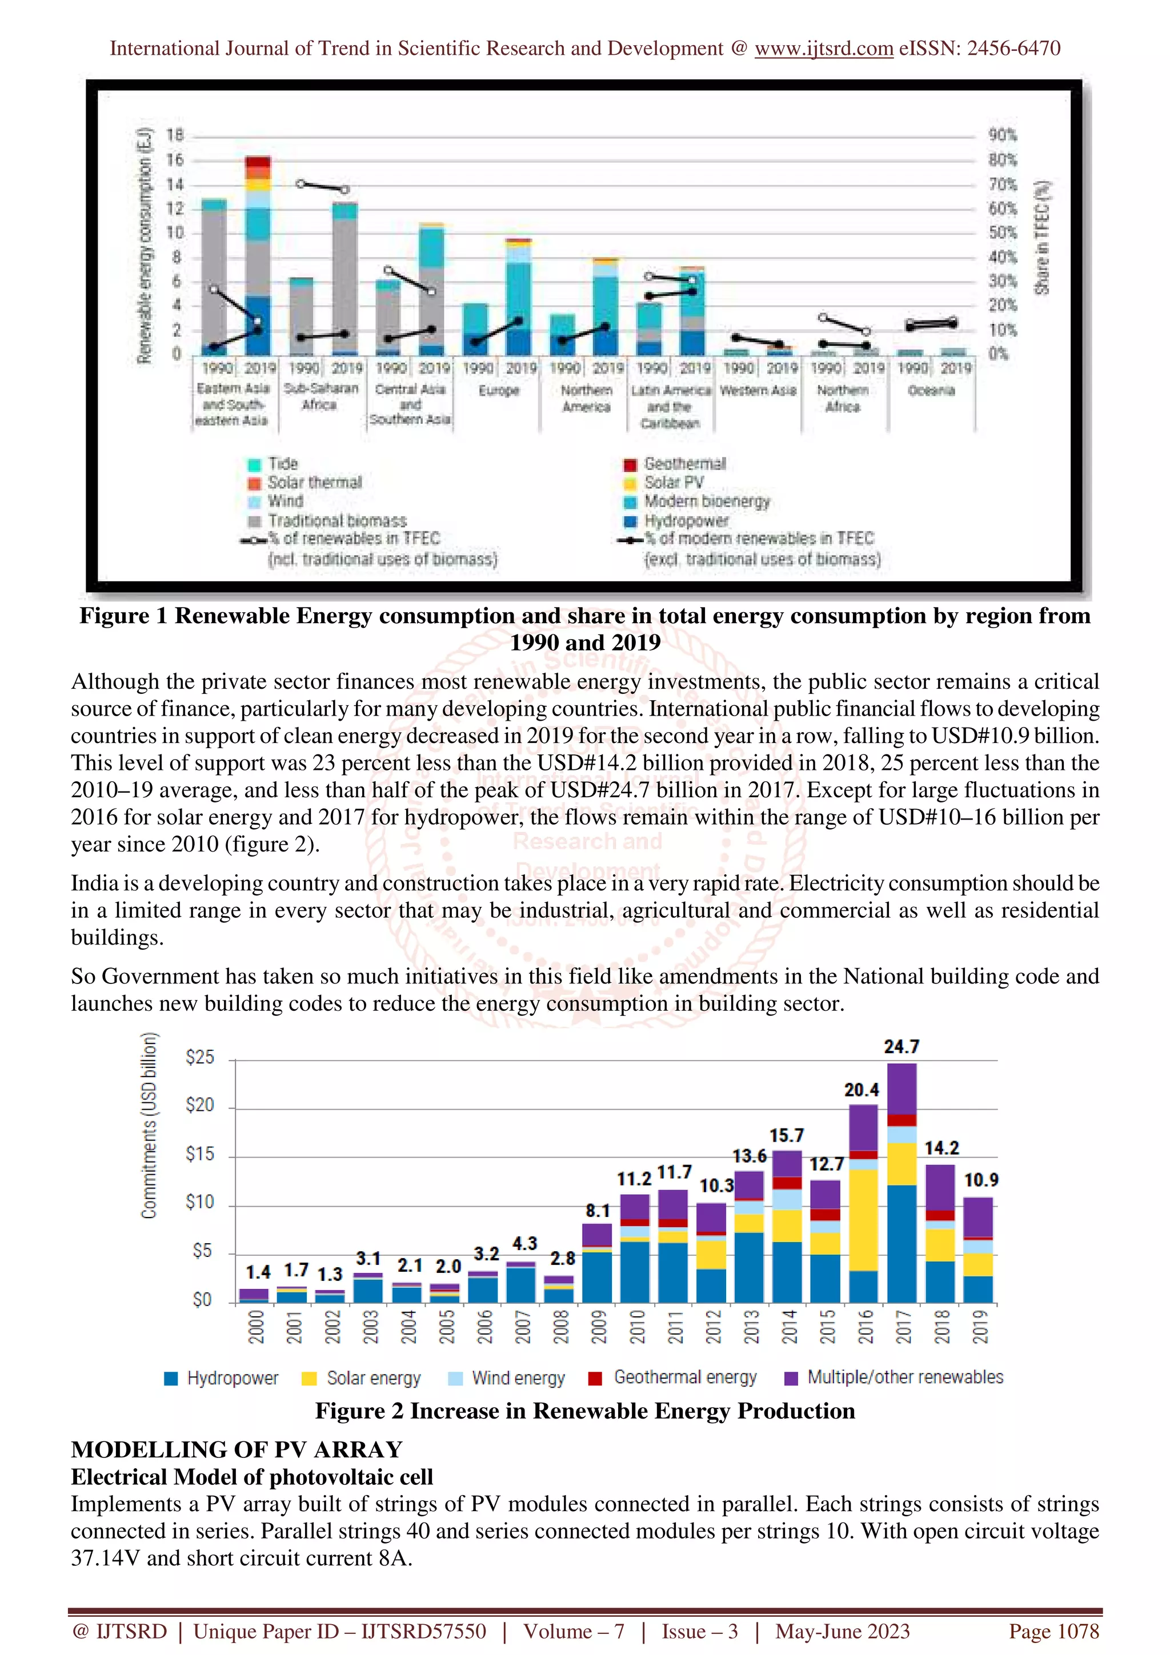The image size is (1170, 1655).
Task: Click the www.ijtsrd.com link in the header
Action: [x=823, y=49]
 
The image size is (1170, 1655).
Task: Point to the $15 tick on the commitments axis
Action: [x=200, y=1154]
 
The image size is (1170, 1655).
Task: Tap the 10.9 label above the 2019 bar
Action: [x=981, y=1180]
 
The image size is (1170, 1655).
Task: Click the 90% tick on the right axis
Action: [x=1002, y=135]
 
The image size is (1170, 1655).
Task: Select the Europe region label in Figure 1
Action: [x=499, y=391]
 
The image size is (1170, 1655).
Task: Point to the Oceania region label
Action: [x=931, y=391]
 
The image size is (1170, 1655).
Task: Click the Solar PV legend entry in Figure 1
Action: [x=674, y=482]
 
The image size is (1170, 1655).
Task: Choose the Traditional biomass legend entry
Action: [x=336, y=520]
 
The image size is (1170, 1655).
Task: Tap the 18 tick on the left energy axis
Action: [x=175, y=135]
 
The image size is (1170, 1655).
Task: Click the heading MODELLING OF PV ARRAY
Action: [x=237, y=1449]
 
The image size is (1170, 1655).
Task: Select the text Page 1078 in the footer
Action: [x=1053, y=1631]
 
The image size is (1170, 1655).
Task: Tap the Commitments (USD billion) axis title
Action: [x=149, y=1125]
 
